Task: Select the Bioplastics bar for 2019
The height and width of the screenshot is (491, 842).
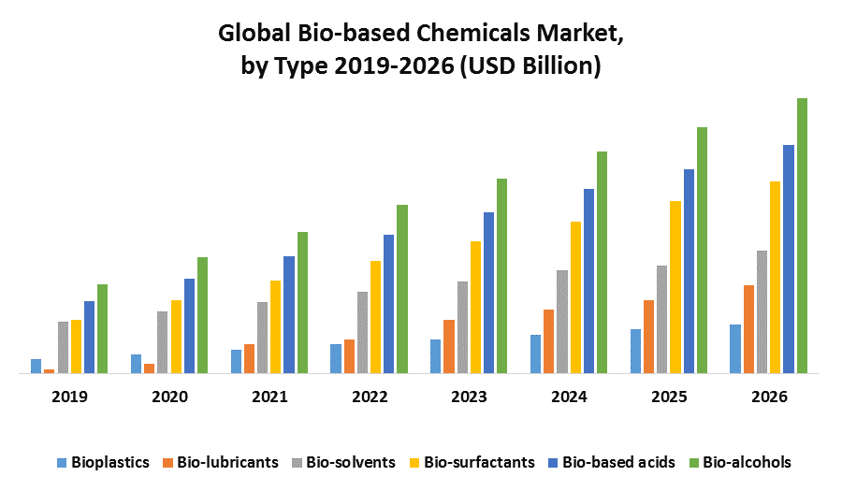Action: click(36, 366)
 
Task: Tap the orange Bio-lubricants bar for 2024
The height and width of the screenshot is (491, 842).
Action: click(548, 341)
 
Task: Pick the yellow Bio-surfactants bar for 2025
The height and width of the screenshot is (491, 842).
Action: click(675, 287)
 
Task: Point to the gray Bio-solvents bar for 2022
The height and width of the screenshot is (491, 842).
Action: click(362, 332)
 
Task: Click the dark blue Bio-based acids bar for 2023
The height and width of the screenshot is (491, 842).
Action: click(488, 293)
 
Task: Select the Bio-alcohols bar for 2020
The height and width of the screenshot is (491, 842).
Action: click(202, 315)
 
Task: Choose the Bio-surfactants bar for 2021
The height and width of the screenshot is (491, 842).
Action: click(275, 326)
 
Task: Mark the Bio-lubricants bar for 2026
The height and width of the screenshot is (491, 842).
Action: click(748, 329)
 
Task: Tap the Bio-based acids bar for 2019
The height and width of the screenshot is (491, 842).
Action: click(90, 337)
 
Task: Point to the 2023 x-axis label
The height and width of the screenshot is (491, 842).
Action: click(469, 397)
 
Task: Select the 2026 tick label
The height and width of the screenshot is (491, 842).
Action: click(769, 397)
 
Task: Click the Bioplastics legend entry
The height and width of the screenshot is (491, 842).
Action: click(103, 462)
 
